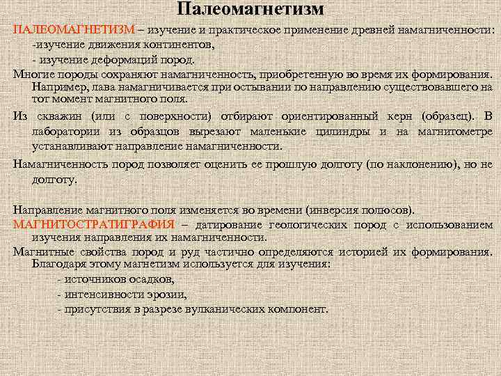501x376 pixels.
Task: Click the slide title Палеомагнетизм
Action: (x=250, y=10)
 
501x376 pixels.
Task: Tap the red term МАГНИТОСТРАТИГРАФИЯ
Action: (x=93, y=225)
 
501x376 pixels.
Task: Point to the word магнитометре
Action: (x=455, y=132)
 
